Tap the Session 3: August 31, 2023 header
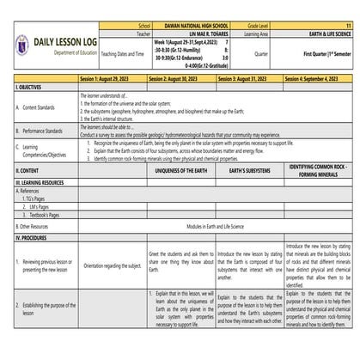pos(247,79)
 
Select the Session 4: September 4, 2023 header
pos(317,79)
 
